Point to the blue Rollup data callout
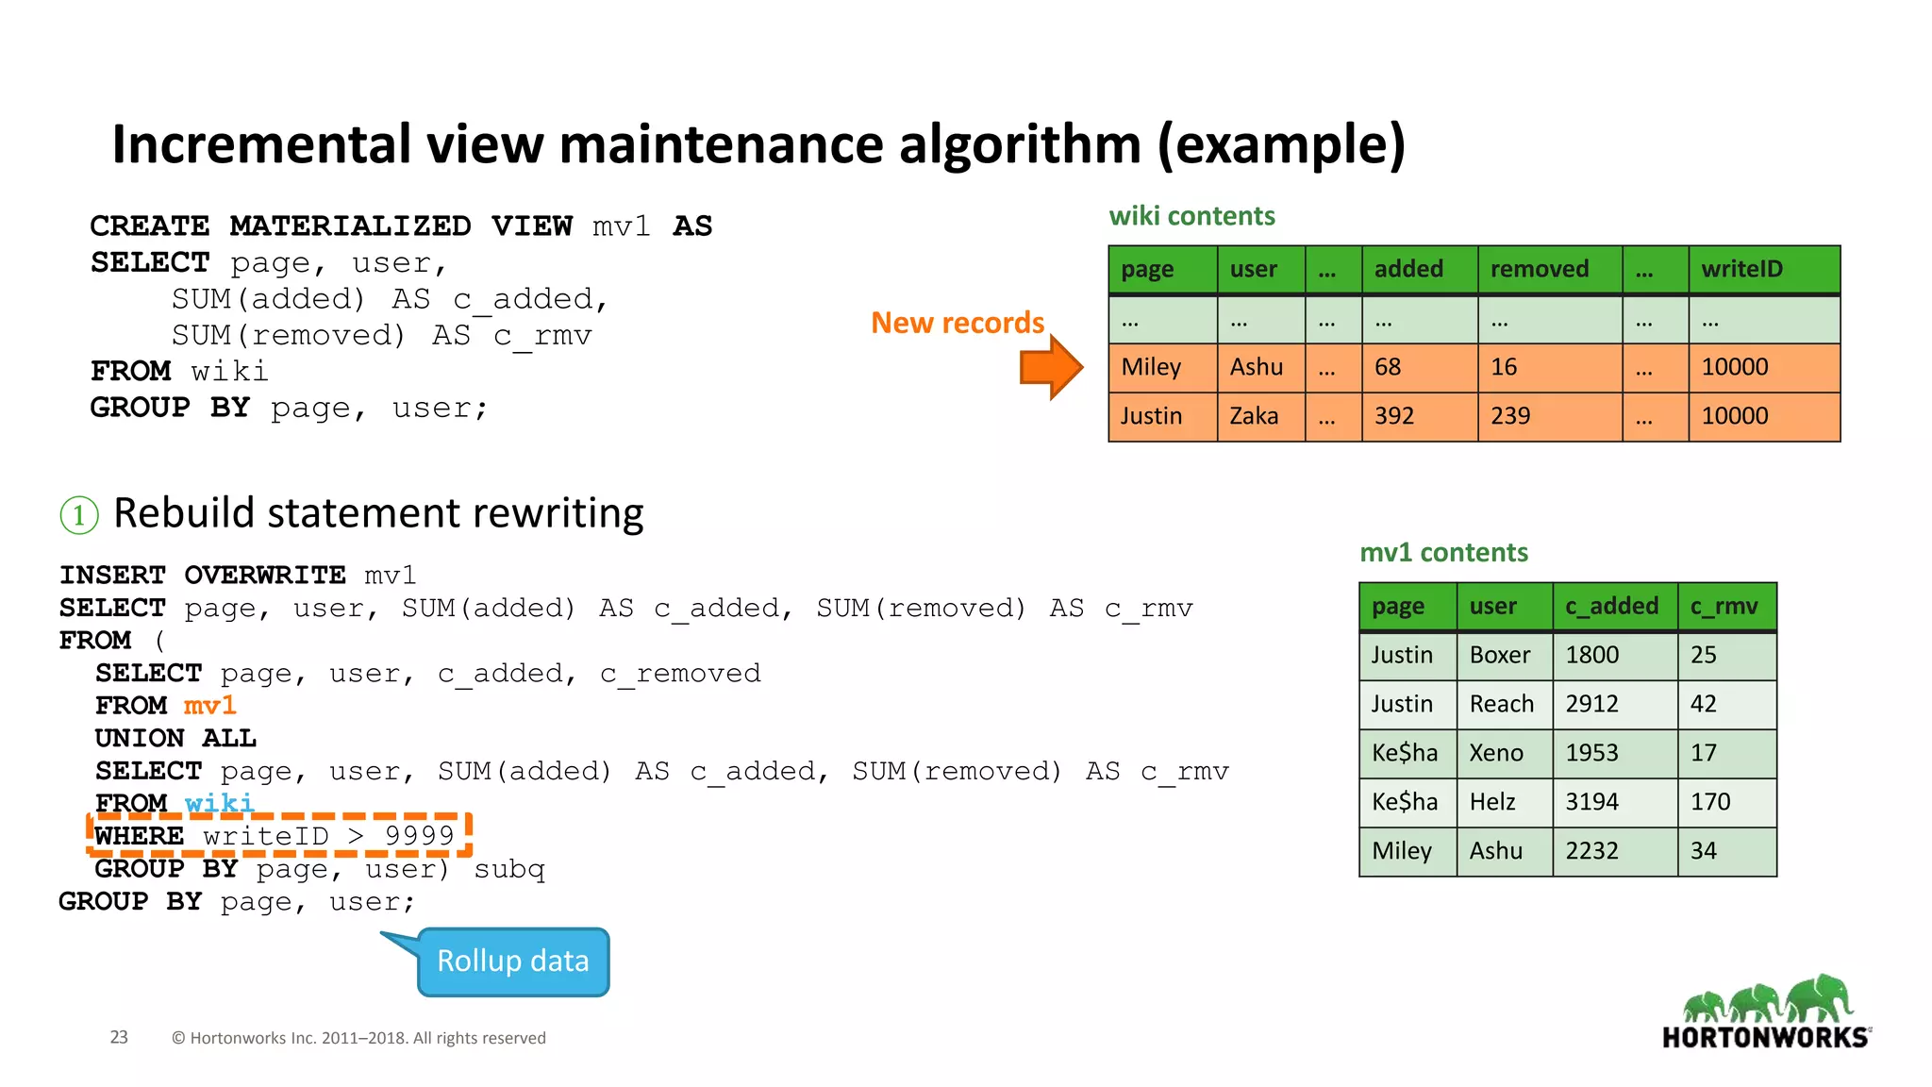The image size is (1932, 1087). pyautogui.click(x=513, y=962)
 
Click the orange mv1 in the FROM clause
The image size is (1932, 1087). pyautogui.click(x=209, y=706)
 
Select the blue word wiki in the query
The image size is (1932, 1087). pyautogui.click(x=220, y=803)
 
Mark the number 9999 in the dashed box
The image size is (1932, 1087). pyautogui.click(x=420, y=836)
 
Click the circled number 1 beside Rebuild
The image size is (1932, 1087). pyautogui.click(x=79, y=515)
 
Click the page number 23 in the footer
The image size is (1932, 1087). pyautogui.click(x=119, y=1038)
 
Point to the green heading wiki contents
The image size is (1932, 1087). pyautogui.click(x=1191, y=217)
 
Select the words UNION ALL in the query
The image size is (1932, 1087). pyautogui.click(x=175, y=739)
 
